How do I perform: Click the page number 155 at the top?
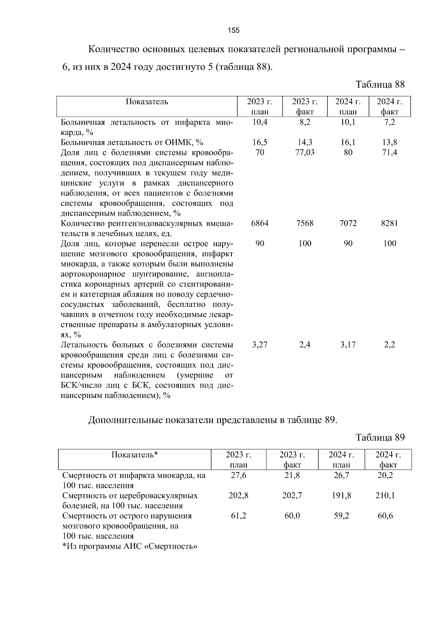[x=234, y=31]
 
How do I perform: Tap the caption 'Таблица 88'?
[x=380, y=85]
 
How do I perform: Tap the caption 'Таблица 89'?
[x=380, y=437]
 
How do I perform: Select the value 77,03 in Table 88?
[x=305, y=152]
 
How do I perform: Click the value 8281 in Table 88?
[x=389, y=223]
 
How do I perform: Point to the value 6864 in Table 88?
[x=260, y=223]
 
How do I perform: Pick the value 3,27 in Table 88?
[x=260, y=345]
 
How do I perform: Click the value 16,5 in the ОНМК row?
[x=260, y=143]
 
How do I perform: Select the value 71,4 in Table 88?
[x=389, y=152]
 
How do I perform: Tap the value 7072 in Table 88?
[x=348, y=223]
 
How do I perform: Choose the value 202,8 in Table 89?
[x=238, y=496]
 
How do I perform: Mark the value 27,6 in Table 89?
[x=238, y=475]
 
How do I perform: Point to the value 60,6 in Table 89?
[x=385, y=516]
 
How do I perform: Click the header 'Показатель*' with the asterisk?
[x=135, y=455]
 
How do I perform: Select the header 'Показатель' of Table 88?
[x=147, y=102]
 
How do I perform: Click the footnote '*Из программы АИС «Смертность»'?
[x=130, y=546]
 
